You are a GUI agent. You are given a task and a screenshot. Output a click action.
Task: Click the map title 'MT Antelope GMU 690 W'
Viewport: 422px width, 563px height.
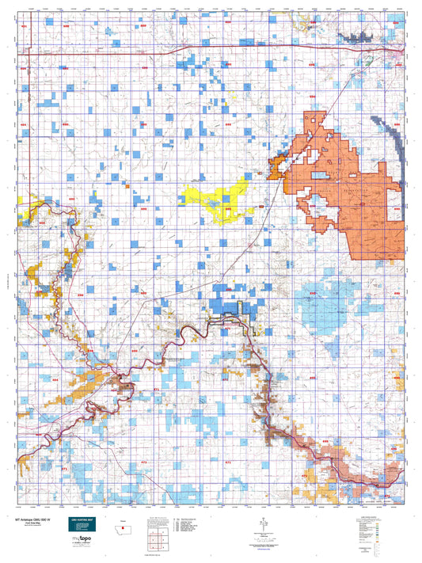tap(33, 519)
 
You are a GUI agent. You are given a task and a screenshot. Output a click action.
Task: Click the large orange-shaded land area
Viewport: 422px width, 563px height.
tap(348, 182)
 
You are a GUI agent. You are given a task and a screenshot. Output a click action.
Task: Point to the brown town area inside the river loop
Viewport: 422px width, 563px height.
tap(124, 386)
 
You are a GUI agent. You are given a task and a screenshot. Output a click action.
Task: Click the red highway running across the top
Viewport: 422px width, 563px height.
tap(198, 46)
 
